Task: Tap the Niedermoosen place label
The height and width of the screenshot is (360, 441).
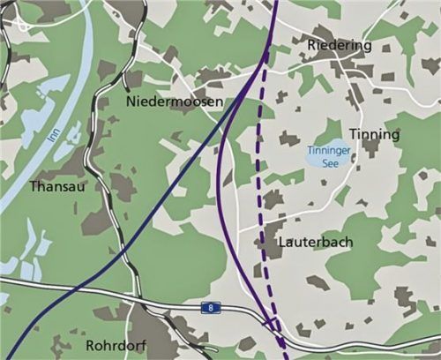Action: pyautogui.click(x=175, y=103)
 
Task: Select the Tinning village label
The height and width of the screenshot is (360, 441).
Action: pyautogui.click(x=374, y=135)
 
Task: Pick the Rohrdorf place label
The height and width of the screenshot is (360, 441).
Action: pyautogui.click(x=117, y=344)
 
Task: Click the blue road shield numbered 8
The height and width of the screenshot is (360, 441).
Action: pyautogui.click(x=208, y=307)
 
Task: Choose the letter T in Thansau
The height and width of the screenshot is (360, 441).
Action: pyautogui.click(x=34, y=187)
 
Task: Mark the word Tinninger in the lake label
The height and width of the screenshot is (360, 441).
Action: pyautogui.click(x=330, y=151)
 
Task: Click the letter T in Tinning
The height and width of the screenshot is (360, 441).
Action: pyautogui.click(x=353, y=134)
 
